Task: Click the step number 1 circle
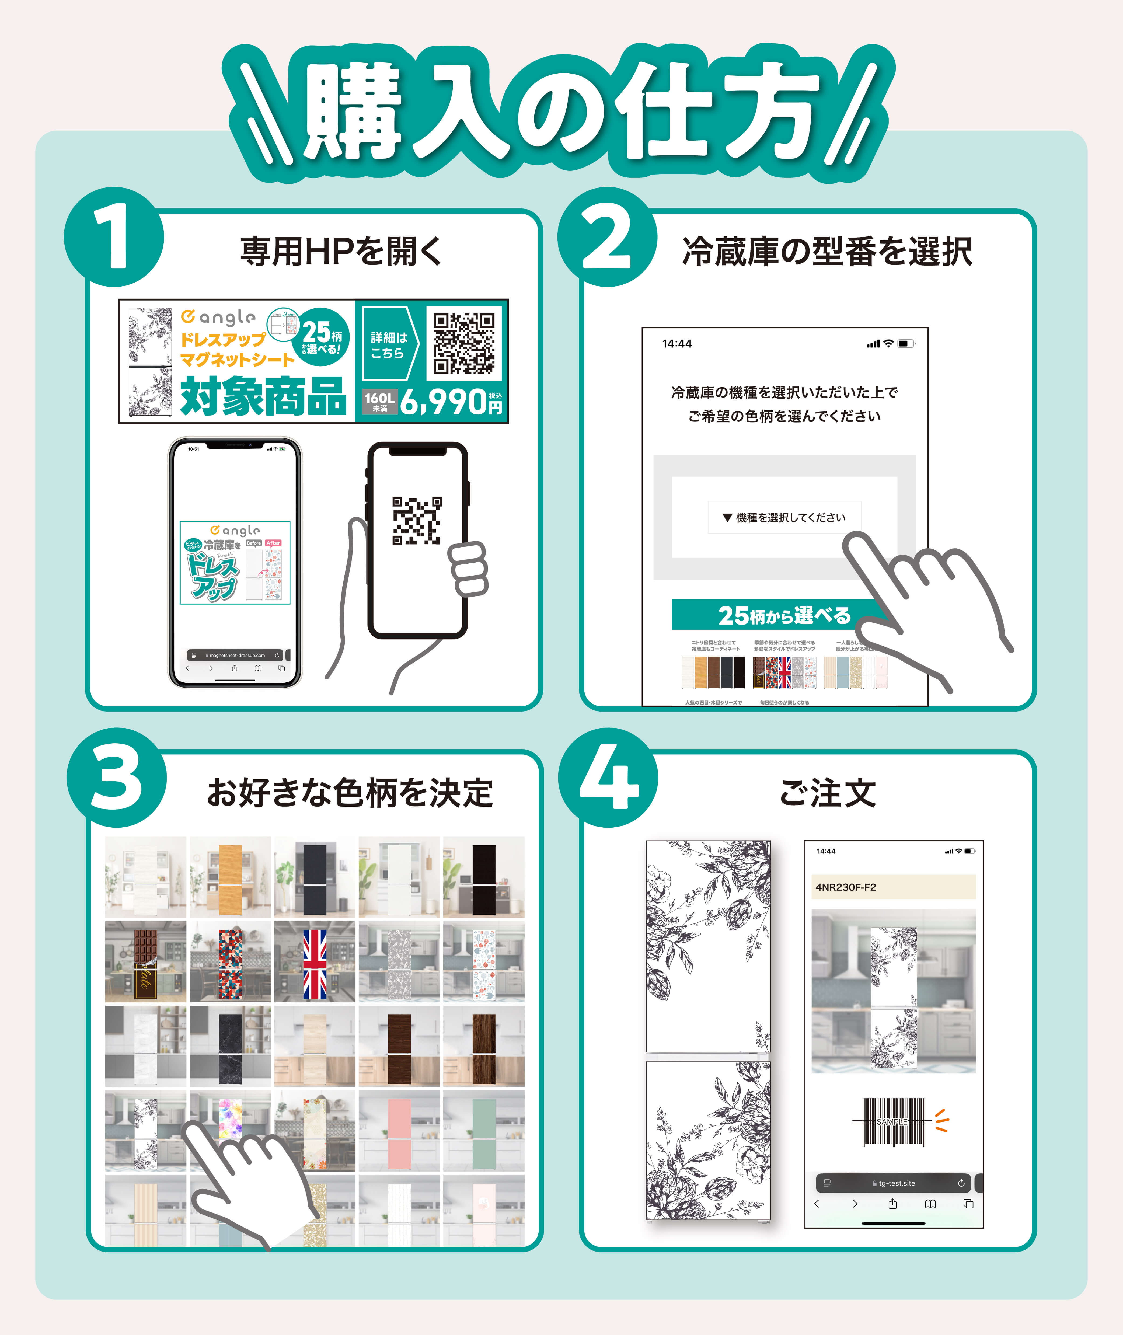click(115, 238)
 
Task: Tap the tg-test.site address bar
click(893, 1183)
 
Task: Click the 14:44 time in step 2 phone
click(677, 344)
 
